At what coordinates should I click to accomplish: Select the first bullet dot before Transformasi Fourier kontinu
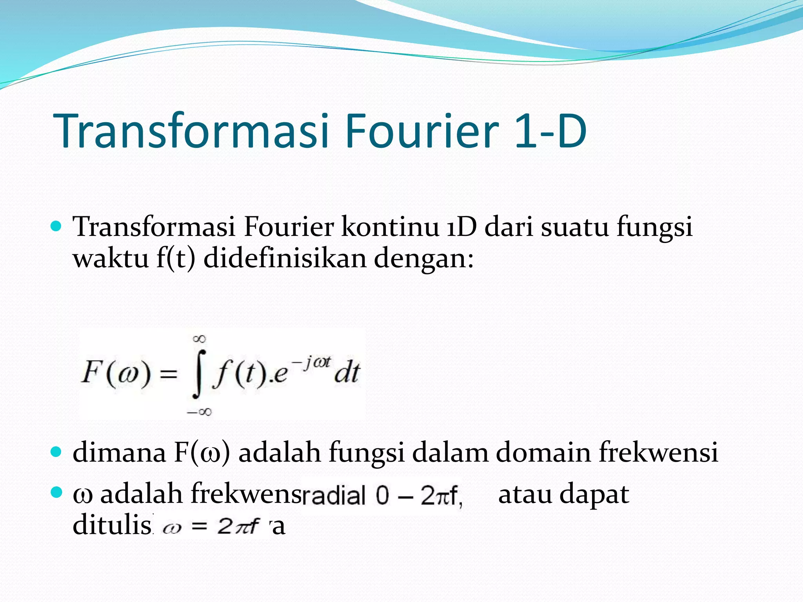[56, 226]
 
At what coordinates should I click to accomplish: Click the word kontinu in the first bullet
[390, 227]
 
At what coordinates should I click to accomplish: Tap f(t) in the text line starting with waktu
[176, 259]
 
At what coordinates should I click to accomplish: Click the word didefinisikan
[285, 259]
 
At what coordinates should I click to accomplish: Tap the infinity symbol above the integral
[199, 339]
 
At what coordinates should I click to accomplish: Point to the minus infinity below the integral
[199, 412]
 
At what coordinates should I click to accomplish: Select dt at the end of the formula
[347, 372]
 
